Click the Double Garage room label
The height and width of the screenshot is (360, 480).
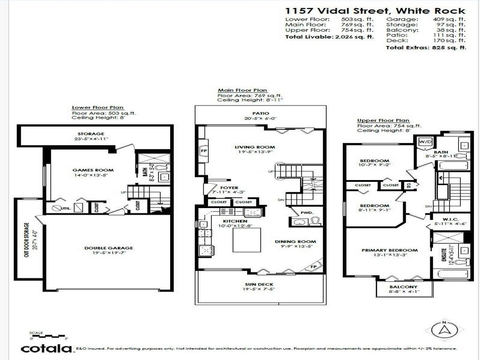point(108,248)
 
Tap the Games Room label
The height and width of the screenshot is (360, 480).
point(93,170)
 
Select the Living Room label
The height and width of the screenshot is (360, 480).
point(255,147)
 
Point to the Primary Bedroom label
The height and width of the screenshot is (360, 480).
point(390,250)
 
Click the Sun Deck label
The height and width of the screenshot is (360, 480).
point(259,285)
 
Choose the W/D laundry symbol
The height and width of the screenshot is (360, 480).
point(425,142)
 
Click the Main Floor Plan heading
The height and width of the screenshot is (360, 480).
point(242,90)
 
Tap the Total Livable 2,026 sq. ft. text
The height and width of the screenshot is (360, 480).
point(329,37)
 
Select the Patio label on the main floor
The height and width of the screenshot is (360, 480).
point(260,113)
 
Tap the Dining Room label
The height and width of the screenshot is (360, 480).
point(295,242)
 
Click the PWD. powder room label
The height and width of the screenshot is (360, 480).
point(307,212)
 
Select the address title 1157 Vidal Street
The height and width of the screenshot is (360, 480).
point(375,11)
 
